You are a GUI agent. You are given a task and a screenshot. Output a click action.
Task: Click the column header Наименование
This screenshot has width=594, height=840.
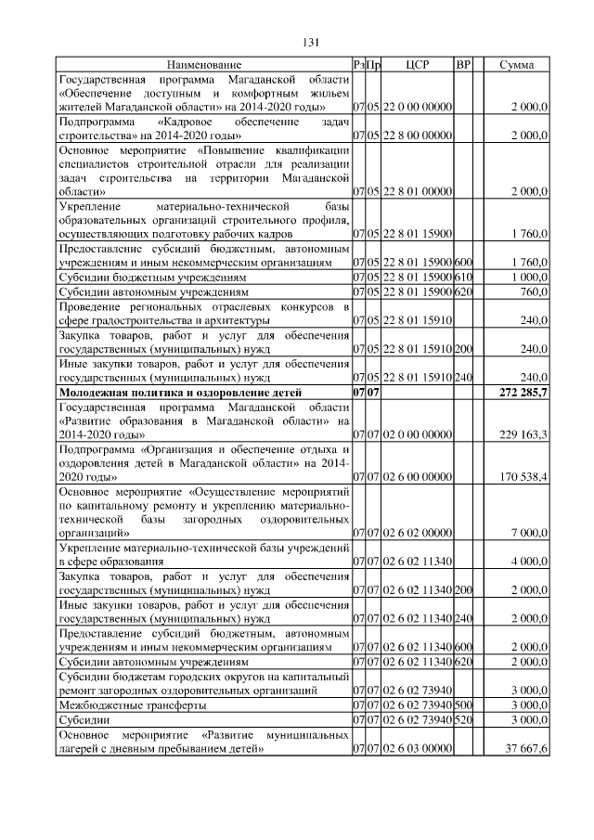coord(203,65)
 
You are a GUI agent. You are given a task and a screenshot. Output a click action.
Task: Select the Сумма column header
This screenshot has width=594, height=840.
coord(516,65)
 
